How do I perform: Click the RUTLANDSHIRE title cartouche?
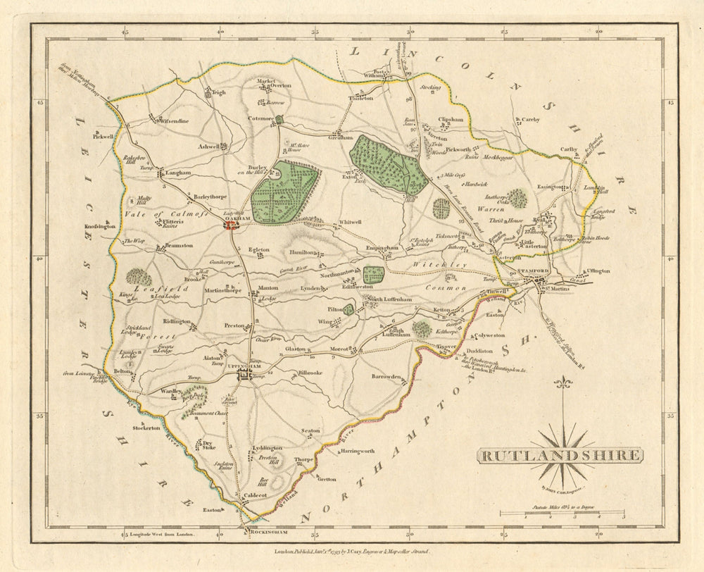click(560, 455)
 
